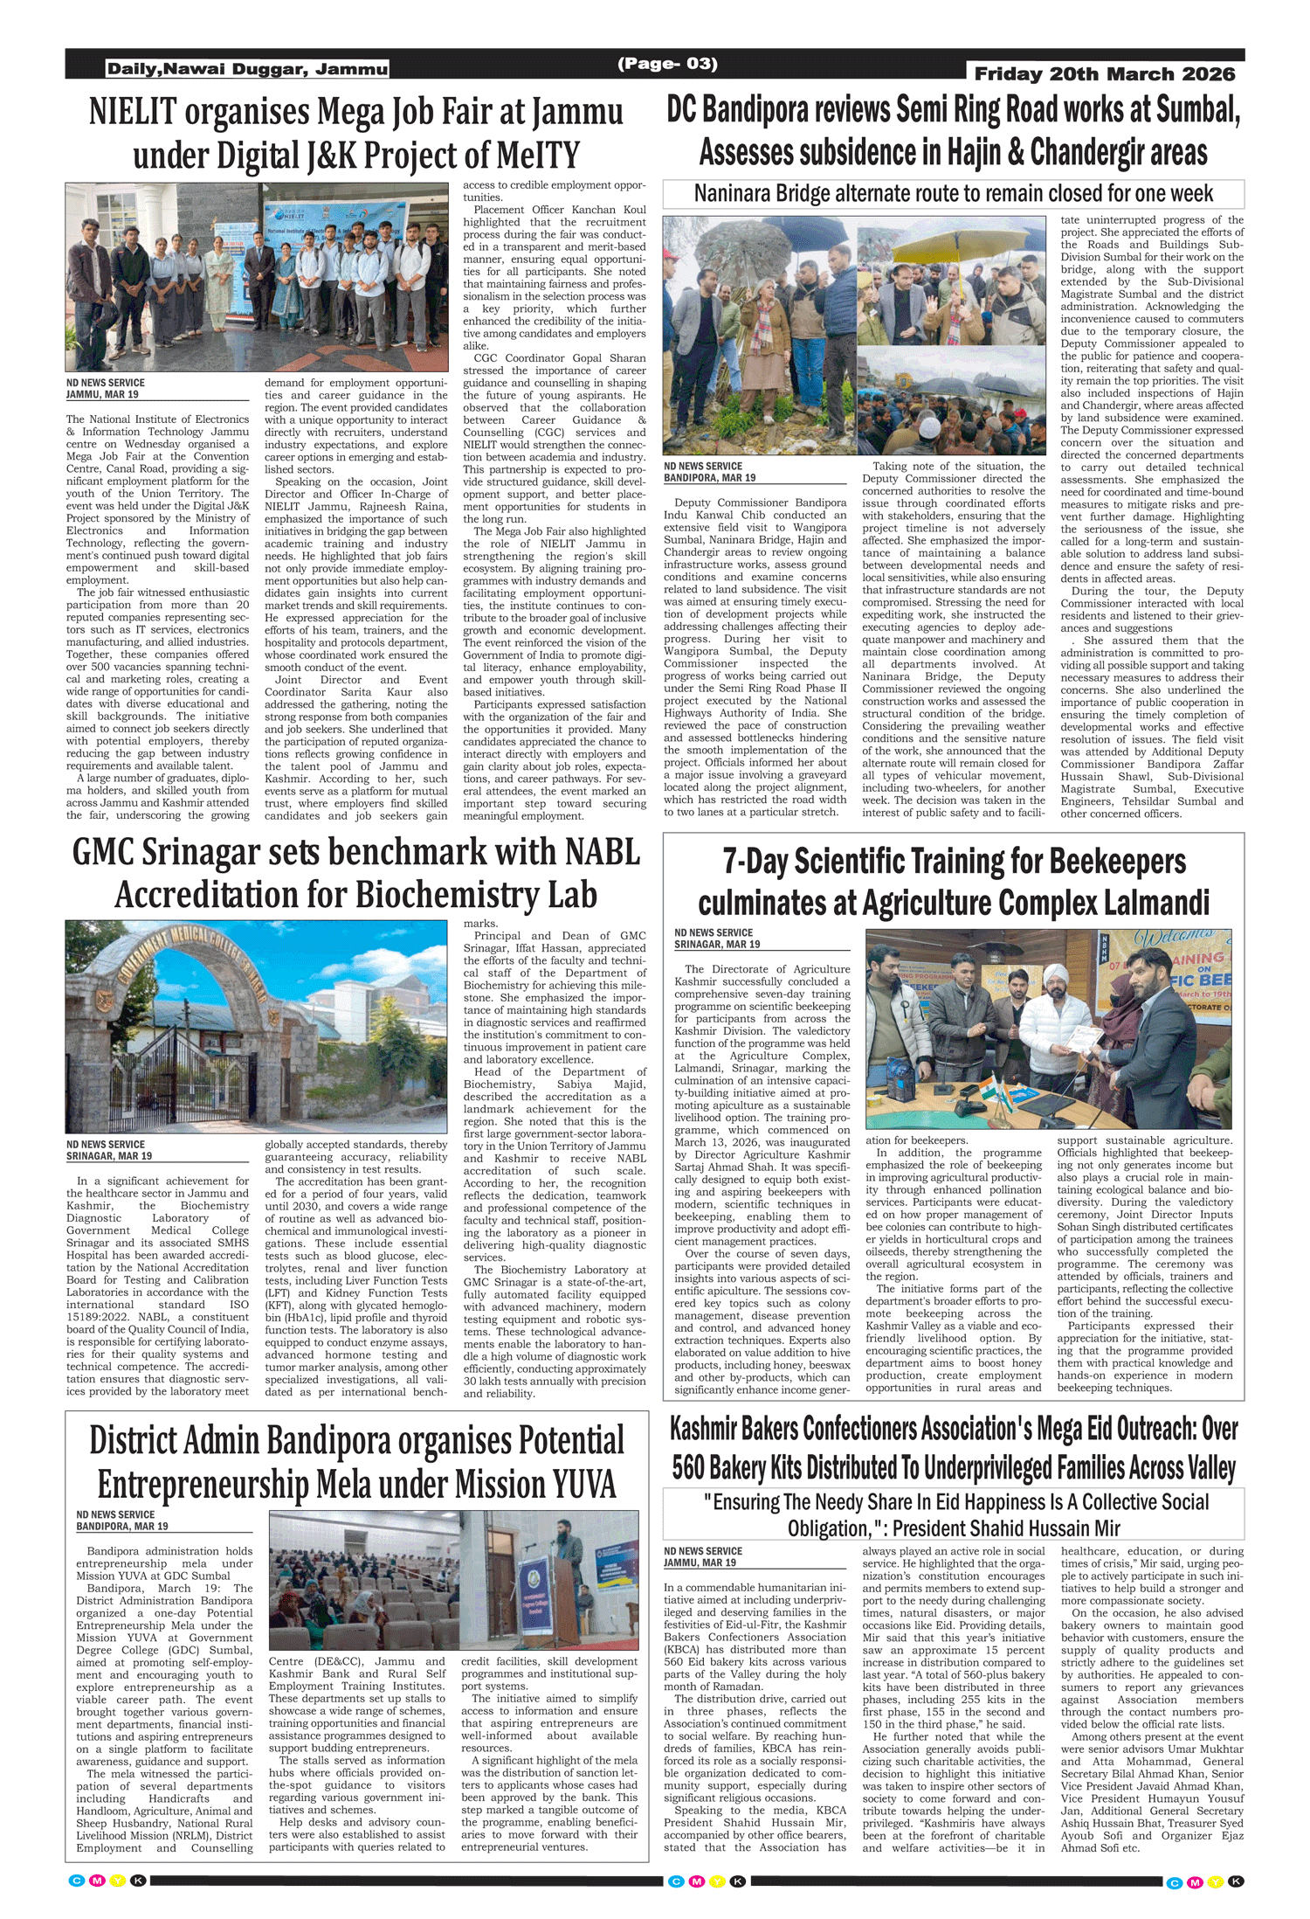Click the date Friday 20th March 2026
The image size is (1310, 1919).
(1104, 74)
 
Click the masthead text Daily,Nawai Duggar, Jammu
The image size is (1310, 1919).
(247, 69)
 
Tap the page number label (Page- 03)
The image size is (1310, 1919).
(667, 63)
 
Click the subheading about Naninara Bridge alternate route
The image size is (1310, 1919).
(953, 193)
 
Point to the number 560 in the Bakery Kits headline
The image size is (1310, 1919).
(689, 1469)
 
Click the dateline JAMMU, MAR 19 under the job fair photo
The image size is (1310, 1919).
(102, 394)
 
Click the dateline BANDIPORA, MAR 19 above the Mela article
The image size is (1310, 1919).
(122, 1527)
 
